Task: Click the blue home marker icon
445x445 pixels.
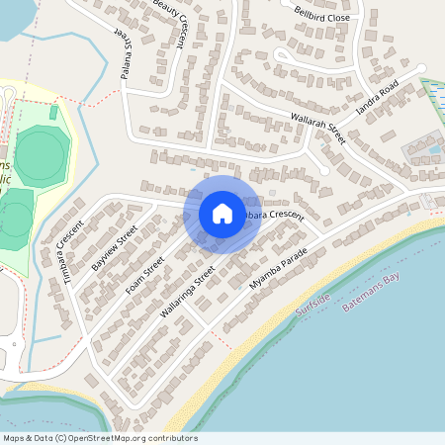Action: pos(222,214)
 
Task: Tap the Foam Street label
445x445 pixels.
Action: pos(145,276)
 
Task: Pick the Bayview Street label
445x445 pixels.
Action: pos(114,248)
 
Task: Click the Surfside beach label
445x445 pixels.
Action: pos(312,304)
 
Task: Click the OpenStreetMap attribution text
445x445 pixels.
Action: pos(99,438)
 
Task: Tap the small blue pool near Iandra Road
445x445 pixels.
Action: pos(433,150)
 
